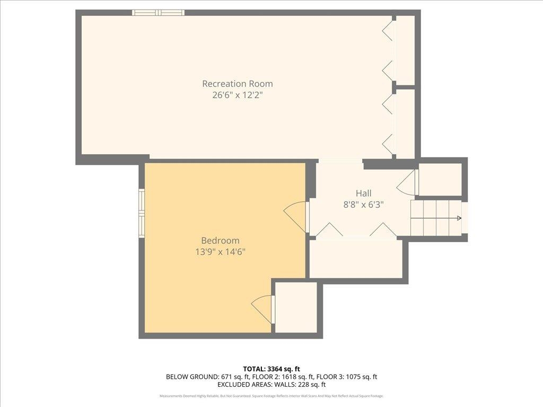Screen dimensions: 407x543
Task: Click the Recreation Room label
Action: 237,84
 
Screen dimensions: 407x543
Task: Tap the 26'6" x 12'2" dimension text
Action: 237,96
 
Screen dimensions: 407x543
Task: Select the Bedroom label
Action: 220,240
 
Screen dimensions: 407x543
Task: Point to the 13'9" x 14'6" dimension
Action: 220,252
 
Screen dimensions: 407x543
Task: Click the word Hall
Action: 363,193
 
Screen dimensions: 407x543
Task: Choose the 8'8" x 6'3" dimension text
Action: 363,205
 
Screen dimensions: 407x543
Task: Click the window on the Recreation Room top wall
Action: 158,13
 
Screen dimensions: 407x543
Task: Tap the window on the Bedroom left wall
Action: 142,213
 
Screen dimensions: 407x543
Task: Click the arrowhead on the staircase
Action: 459,218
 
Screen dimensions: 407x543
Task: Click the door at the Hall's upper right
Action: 407,183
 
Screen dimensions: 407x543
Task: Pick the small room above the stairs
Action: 440,179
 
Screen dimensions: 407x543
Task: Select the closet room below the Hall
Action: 355,259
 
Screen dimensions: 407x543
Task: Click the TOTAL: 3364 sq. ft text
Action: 271,369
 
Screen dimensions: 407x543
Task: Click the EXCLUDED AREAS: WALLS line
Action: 271,385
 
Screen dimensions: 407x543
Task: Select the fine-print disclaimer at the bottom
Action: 271,396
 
